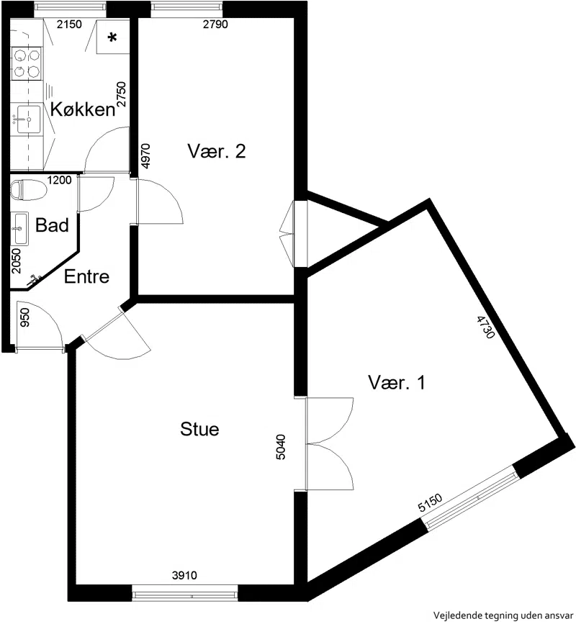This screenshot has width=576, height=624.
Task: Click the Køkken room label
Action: point(83,109)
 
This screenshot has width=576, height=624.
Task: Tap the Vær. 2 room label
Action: point(217,151)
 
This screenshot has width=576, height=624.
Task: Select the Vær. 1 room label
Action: point(397,383)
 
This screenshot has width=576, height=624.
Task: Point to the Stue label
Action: point(199,429)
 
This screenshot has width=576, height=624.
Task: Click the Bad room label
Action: point(52,225)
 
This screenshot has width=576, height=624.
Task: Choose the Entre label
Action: point(87,276)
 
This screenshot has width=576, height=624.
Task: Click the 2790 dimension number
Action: point(215,24)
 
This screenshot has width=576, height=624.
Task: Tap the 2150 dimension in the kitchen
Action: point(69,24)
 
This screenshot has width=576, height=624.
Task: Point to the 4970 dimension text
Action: point(146,155)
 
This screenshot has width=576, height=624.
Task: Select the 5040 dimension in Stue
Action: point(281,447)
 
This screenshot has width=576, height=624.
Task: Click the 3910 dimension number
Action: point(184,575)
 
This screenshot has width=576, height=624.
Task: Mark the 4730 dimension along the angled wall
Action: point(485,327)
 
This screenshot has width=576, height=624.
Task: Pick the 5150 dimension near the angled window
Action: point(430,502)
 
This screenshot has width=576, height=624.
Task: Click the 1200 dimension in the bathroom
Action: point(59,180)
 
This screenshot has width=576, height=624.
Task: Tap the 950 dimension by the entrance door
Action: point(24,317)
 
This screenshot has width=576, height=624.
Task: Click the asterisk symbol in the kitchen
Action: point(112,38)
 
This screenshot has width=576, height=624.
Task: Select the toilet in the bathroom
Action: point(29,190)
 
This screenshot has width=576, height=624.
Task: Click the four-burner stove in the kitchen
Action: point(26,63)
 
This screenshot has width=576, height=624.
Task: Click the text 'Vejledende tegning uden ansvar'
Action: point(503,615)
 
